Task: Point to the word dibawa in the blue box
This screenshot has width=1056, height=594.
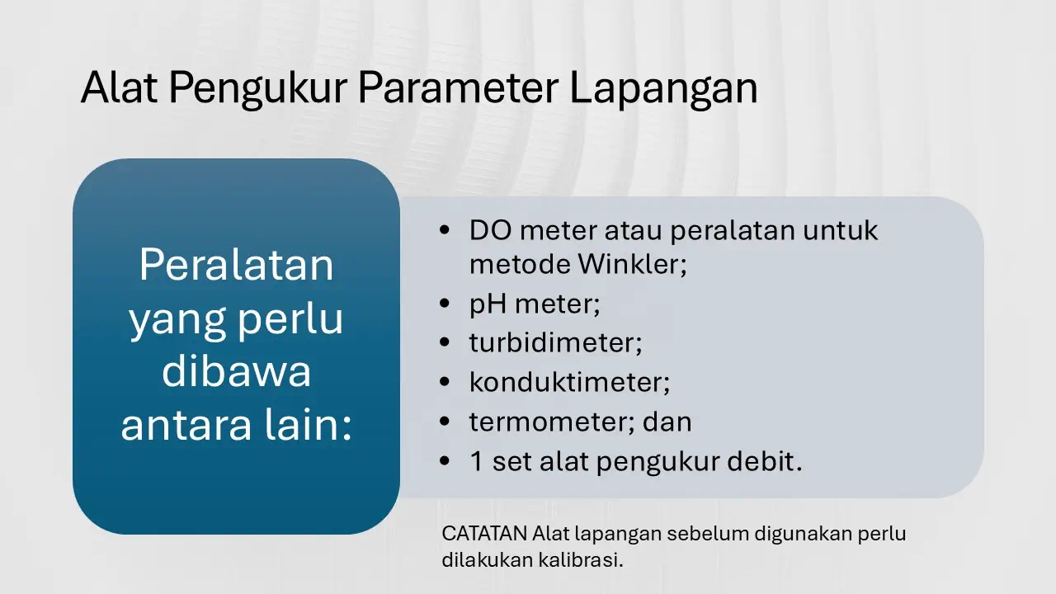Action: (x=236, y=372)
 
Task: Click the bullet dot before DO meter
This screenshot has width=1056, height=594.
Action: (x=446, y=230)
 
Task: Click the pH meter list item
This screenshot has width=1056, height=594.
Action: (x=534, y=304)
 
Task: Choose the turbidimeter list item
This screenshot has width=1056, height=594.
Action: (x=554, y=343)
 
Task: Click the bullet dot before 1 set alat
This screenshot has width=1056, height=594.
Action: (x=446, y=462)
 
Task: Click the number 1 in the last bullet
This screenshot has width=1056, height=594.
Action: (x=476, y=462)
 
